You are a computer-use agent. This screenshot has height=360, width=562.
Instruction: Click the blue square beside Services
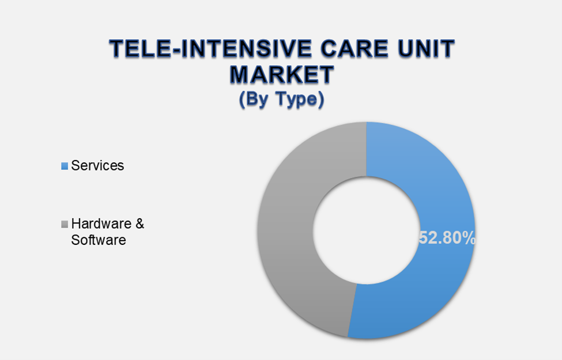[65, 166]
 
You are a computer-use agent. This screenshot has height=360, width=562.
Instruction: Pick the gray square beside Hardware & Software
[65, 224]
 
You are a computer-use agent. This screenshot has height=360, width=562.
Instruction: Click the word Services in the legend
[97, 166]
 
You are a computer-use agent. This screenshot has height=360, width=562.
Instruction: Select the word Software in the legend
[98, 240]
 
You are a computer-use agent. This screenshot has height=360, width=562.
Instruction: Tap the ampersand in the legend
[139, 223]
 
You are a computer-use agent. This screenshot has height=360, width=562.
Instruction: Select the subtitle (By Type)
[281, 99]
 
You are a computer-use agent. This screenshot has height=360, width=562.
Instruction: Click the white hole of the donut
[367, 230]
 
